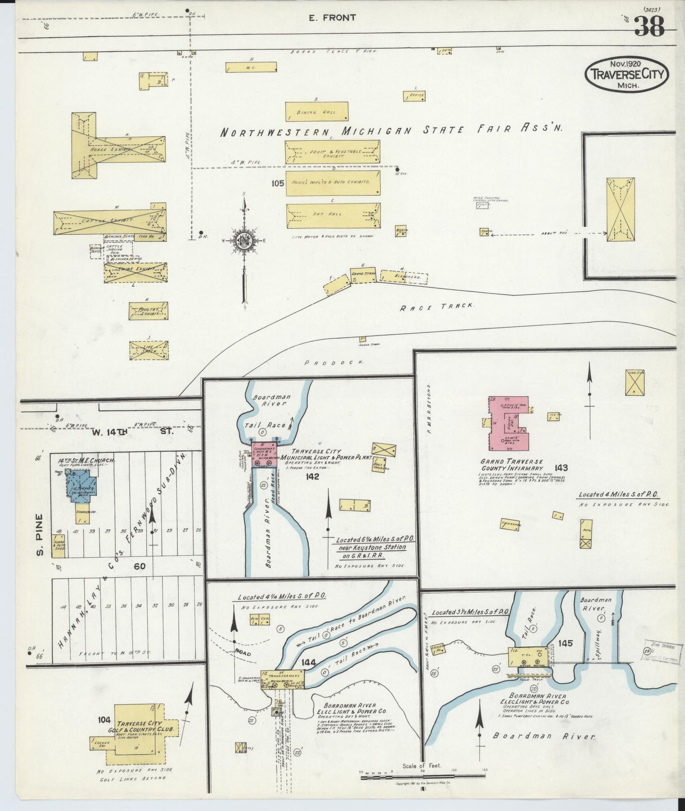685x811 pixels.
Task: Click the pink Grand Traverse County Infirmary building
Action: [507, 422]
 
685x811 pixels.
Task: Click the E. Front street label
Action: [325, 18]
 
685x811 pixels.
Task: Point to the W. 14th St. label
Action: [133, 432]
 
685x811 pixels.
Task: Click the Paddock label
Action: [334, 362]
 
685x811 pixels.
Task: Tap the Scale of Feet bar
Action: [422, 776]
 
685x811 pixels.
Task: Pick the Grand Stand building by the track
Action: [363, 275]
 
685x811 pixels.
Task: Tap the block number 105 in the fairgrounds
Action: [278, 183]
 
